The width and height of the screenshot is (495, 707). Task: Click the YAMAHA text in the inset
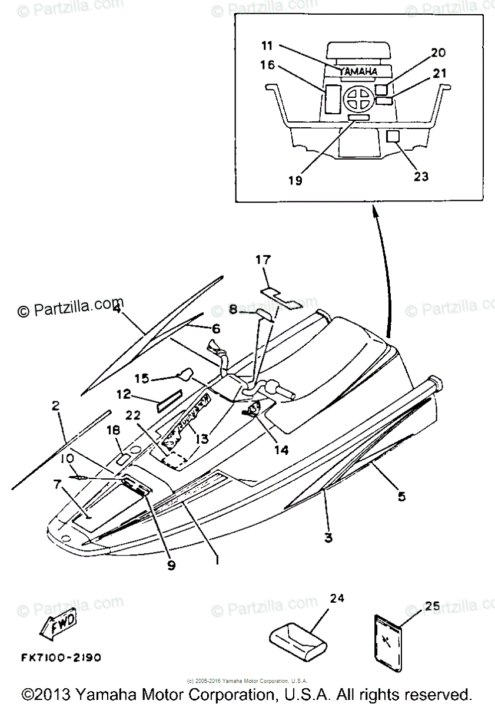[x=358, y=71]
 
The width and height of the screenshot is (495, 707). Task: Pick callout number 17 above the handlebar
[x=263, y=259]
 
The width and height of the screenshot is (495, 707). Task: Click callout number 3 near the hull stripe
[x=328, y=537]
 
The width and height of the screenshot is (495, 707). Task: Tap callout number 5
[x=401, y=497]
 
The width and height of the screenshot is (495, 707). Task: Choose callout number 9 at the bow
[x=171, y=565]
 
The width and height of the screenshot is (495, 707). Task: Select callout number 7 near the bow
[x=57, y=484]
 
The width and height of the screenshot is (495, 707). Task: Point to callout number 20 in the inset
[x=437, y=52]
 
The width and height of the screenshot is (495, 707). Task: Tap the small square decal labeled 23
[x=393, y=137]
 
